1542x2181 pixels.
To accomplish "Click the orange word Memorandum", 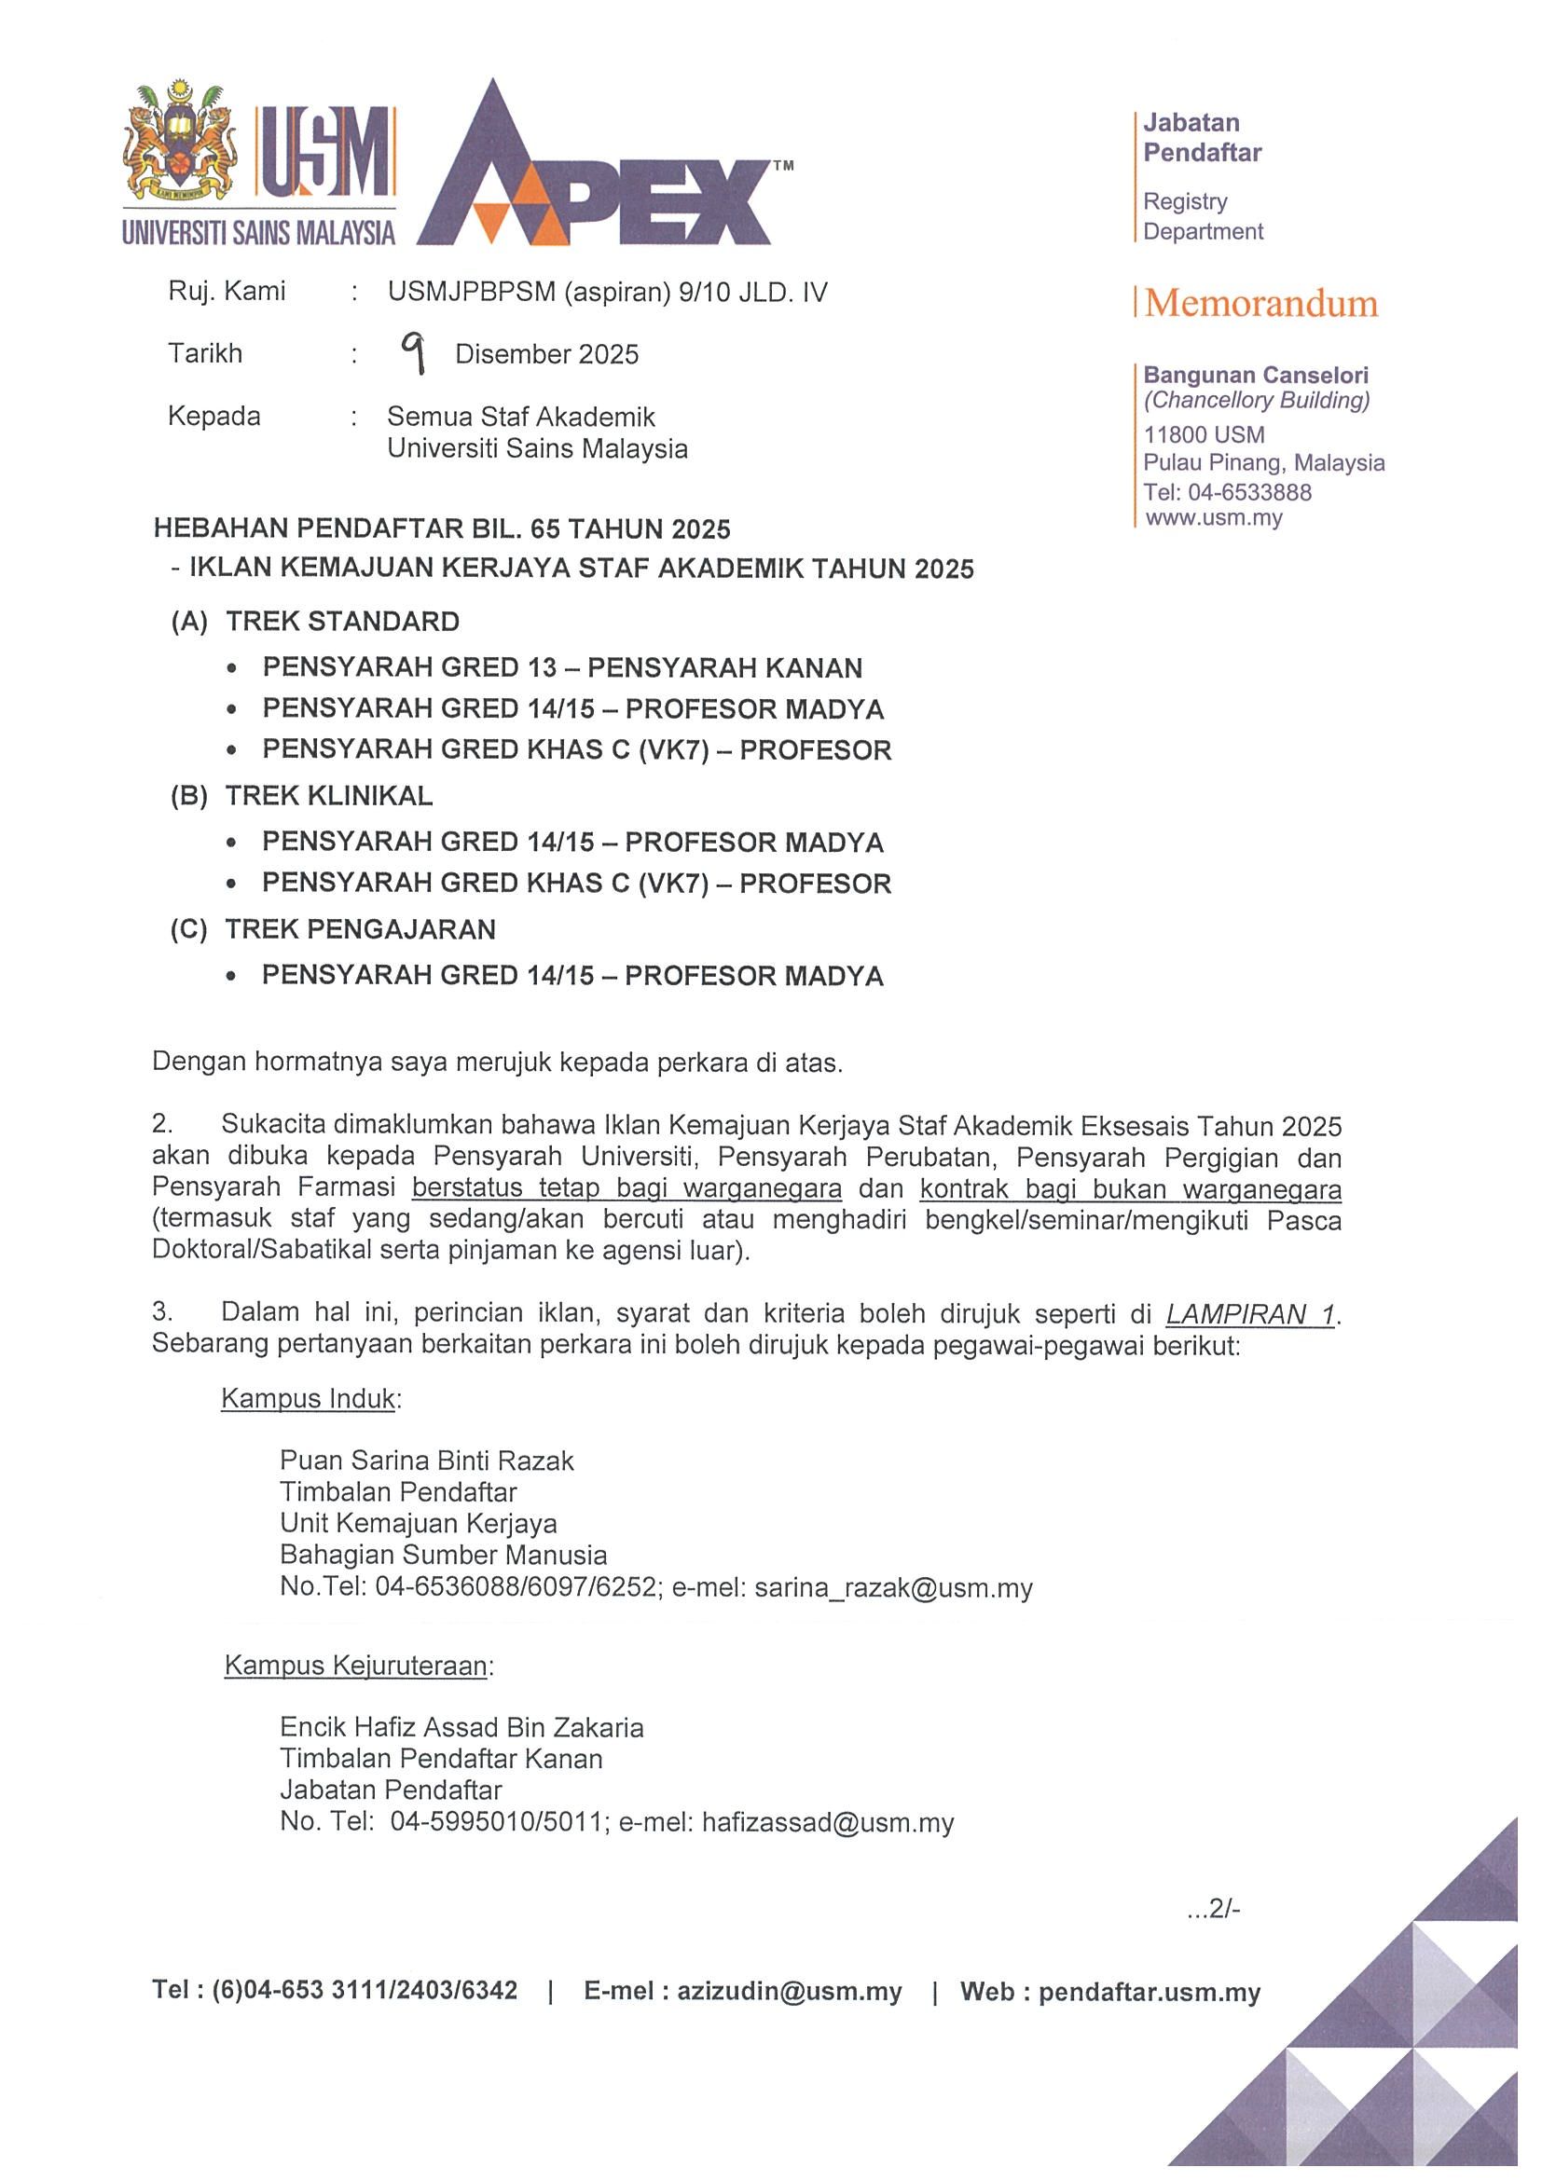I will coord(1260,303).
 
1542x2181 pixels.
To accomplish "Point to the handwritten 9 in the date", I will coord(412,353).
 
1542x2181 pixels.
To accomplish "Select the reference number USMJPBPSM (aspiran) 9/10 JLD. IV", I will coord(607,292).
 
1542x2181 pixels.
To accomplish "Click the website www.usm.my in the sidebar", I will coord(1213,518).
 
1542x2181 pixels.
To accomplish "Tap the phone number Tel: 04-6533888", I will coord(1227,492).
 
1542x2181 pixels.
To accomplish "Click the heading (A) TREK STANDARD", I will coord(315,623).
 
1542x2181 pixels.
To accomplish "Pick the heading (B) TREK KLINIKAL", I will coord(301,796).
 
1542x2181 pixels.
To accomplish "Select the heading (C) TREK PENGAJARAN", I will coord(333,929).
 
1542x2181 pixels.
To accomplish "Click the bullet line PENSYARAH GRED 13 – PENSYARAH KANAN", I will coord(561,667).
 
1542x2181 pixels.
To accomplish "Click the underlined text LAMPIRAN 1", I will coord(1250,1315).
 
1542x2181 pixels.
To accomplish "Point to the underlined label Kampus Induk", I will coord(308,1398).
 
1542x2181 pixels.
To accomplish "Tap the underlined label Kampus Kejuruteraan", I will coord(356,1666).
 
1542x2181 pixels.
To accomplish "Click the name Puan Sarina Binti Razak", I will coord(427,1460).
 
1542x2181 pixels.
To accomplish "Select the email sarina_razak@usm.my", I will coord(892,1587).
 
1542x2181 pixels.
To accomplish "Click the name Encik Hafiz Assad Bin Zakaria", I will coord(461,1727).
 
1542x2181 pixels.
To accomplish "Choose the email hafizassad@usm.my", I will coord(827,1822).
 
